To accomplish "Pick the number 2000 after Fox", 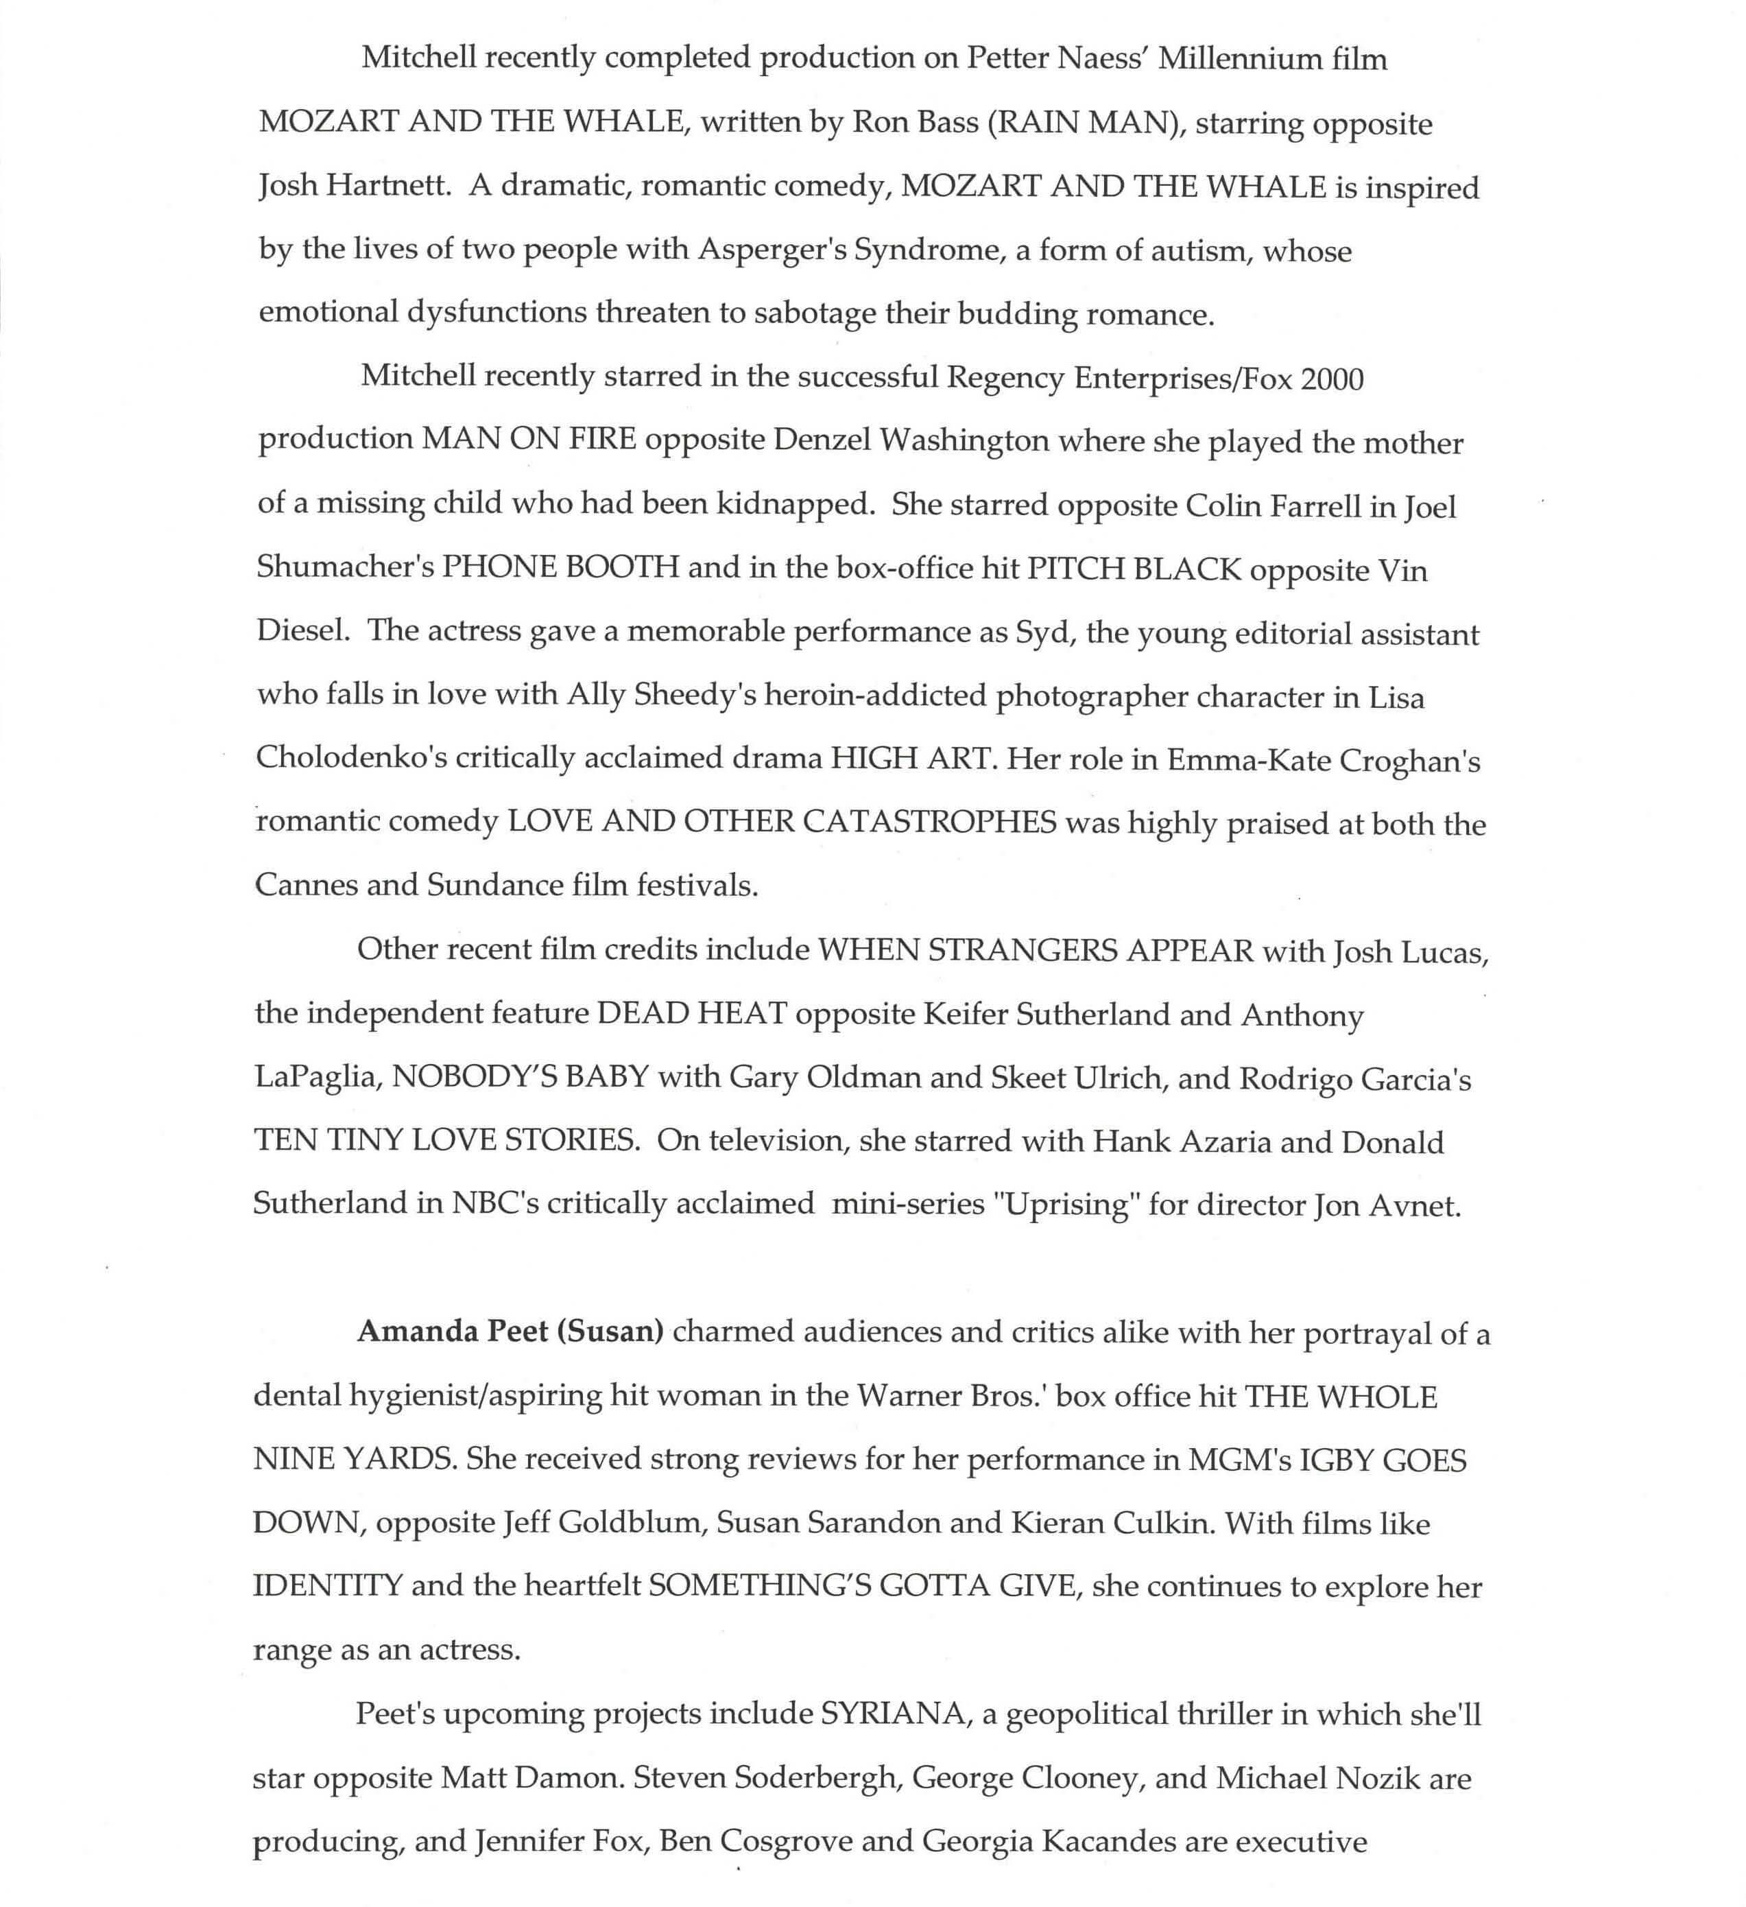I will pyautogui.click(x=1332, y=379).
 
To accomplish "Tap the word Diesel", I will pyautogui.click(x=299, y=631).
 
